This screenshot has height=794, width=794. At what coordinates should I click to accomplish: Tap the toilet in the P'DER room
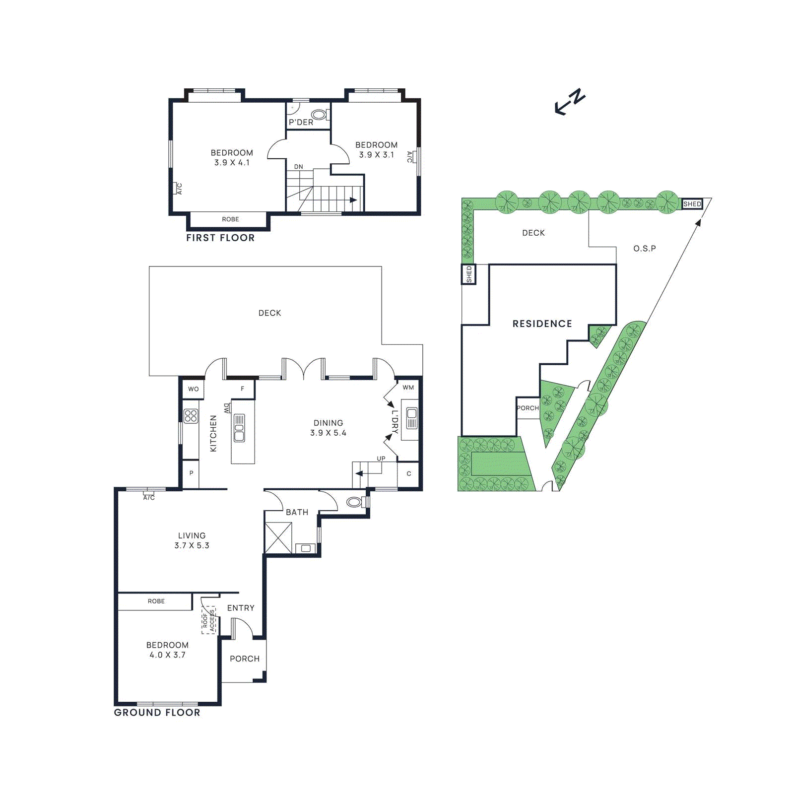(319, 115)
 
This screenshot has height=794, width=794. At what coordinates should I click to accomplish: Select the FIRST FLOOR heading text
(220, 238)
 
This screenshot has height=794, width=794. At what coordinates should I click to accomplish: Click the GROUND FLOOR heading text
(157, 713)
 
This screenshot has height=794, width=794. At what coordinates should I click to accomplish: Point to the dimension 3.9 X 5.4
(328, 433)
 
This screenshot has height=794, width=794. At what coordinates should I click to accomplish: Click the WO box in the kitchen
(193, 389)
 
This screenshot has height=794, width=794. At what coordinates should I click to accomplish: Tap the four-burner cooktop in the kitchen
(191, 416)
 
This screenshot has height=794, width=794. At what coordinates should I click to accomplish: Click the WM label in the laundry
(408, 388)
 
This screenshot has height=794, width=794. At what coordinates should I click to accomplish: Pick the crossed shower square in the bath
(278, 537)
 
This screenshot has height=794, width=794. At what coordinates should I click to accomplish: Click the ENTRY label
(241, 608)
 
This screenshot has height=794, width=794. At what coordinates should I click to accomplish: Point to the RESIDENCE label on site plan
(542, 324)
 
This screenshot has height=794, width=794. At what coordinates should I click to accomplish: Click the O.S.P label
(644, 248)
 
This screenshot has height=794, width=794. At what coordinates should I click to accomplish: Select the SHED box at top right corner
(692, 204)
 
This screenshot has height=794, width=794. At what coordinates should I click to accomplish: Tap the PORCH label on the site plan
(528, 408)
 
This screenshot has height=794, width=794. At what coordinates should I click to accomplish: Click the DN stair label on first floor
(298, 167)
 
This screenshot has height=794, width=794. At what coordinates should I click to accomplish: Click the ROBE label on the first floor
(230, 219)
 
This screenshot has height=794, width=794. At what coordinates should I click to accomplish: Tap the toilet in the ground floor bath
(354, 502)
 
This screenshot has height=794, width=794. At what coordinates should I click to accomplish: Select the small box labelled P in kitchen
(191, 473)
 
